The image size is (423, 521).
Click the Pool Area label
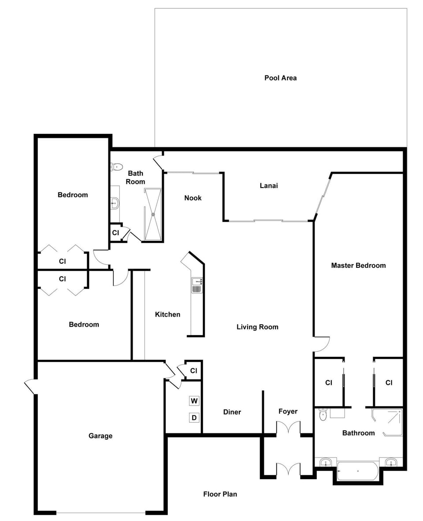point(280,78)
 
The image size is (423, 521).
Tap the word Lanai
point(269,185)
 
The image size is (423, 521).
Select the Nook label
point(193,198)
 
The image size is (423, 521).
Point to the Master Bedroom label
point(359,265)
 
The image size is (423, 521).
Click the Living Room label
point(257,327)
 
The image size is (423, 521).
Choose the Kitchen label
point(167,314)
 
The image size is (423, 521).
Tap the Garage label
point(100,436)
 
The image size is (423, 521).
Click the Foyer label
point(288,411)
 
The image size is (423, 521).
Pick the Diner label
point(232,412)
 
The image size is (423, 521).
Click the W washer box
point(194,401)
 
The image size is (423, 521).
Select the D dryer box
point(194,418)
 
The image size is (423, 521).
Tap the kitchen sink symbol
point(197,285)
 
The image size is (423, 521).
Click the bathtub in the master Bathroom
point(358,471)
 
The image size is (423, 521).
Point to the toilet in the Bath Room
point(116,166)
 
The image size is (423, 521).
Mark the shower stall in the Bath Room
point(153,214)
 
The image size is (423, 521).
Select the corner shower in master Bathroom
point(387,422)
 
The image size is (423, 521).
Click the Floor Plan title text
point(220,494)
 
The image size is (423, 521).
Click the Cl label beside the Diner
point(193,370)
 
